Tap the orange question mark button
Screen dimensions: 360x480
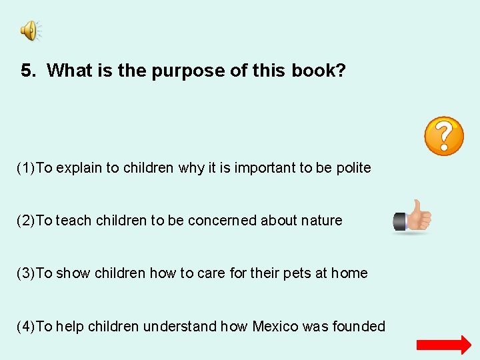[x=444, y=136]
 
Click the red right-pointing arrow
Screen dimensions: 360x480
[x=443, y=345]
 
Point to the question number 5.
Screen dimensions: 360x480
[x=27, y=71]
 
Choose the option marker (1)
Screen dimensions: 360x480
[x=26, y=168]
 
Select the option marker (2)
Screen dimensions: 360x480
[x=26, y=221]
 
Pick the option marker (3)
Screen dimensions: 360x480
[x=26, y=273]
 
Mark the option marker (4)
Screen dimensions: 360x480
[x=26, y=327]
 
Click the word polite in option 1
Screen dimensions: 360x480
[x=353, y=168]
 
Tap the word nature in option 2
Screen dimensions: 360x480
[x=322, y=221]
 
